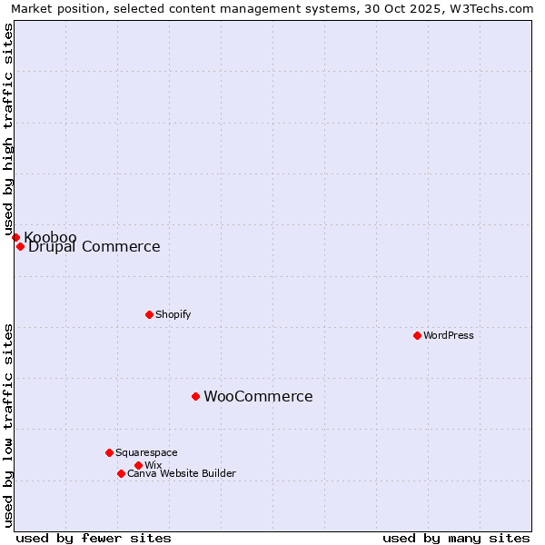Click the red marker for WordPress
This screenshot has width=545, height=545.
tap(417, 335)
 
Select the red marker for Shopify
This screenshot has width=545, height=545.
tap(149, 314)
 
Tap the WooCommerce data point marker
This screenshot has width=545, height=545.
tap(195, 396)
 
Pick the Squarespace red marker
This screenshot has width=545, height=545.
tap(109, 452)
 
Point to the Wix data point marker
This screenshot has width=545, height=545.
tap(138, 465)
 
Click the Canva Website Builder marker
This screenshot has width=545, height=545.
tap(121, 473)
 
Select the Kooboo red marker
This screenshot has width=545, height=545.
tap(15, 237)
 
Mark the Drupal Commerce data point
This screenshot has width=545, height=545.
tap(20, 246)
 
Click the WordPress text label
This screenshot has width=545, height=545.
tap(449, 335)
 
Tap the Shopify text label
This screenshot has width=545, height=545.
tap(173, 314)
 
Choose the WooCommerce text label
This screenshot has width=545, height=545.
tap(258, 397)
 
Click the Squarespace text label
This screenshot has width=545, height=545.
tap(146, 452)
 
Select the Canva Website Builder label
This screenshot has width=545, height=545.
tap(182, 473)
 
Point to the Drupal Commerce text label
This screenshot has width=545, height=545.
tap(94, 247)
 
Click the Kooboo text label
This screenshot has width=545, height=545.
tap(50, 237)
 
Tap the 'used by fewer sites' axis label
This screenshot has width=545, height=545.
tap(94, 538)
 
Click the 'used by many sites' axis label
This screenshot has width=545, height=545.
tap(456, 538)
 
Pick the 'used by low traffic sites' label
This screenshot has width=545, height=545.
tap(8, 425)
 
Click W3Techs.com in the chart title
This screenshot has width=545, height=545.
tap(496, 8)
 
